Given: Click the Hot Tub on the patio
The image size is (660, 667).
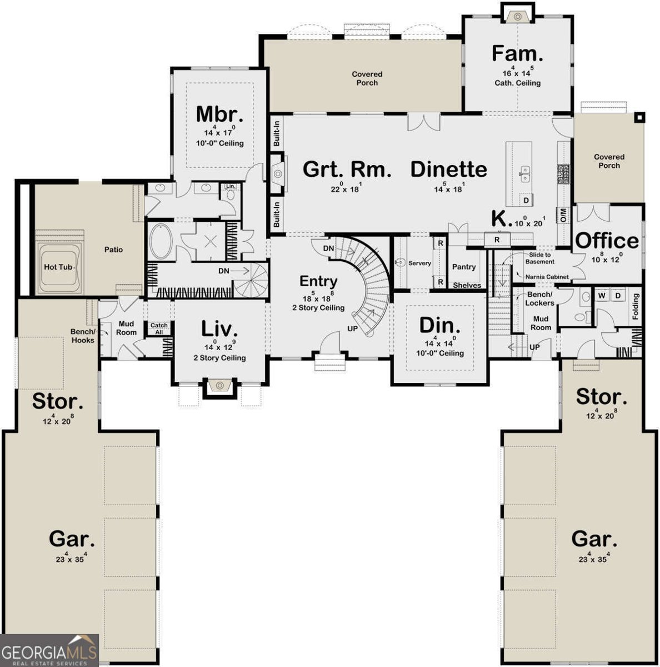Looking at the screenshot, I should click(x=58, y=267).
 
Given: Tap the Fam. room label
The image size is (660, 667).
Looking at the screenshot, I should click(x=517, y=54).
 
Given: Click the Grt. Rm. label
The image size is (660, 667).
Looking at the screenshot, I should click(x=347, y=169).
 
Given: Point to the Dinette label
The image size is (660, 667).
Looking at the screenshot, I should click(x=448, y=169).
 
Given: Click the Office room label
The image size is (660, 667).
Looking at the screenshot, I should click(x=607, y=241).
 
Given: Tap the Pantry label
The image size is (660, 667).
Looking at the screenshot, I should click(x=464, y=267).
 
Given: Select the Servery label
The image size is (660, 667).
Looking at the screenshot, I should click(x=419, y=263).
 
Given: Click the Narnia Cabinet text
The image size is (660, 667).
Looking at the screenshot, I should click(x=547, y=276).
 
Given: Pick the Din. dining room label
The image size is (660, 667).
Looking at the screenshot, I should click(x=439, y=325).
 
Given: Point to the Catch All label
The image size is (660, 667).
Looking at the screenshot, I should click(x=159, y=328).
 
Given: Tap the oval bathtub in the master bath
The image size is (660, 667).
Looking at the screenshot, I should click(x=162, y=241).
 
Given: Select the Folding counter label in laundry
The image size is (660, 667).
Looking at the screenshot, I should click(x=636, y=306).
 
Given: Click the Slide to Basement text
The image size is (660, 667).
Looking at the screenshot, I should click(x=539, y=258).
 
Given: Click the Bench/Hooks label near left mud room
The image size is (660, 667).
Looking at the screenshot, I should click(x=82, y=336).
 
